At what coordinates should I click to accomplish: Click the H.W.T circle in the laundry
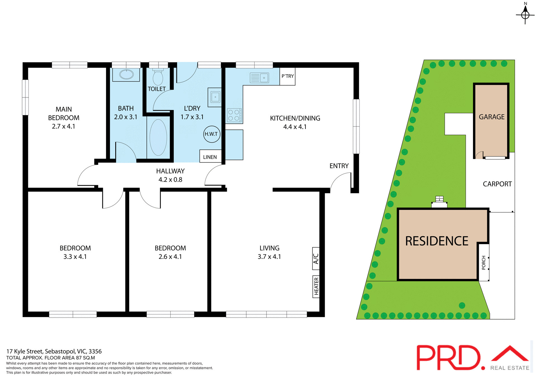[x=211, y=134]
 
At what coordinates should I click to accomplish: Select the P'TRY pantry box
[x=288, y=76]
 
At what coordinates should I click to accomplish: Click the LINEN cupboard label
[x=210, y=157]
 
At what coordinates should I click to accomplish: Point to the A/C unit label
[x=316, y=259]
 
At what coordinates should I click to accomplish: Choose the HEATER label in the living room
[x=316, y=286]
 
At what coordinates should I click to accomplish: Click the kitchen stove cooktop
[x=234, y=115]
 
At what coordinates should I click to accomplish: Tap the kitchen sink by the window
[x=259, y=78]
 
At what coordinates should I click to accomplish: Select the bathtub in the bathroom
[x=158, y=137]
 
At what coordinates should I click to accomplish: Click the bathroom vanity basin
[x=126, y=75]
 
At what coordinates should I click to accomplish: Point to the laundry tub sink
[x=215, y=97]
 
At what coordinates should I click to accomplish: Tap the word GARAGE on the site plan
[x=491, y=117]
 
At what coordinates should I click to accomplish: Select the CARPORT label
[x=497, y=184]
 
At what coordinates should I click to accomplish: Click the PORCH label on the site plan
[x=484, y=263]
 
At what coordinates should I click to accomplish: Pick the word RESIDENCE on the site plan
[x=437, y=241]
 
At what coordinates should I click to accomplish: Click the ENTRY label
[x=339, y=166]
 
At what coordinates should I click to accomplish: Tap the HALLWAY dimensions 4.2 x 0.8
[x=170, y=180]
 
